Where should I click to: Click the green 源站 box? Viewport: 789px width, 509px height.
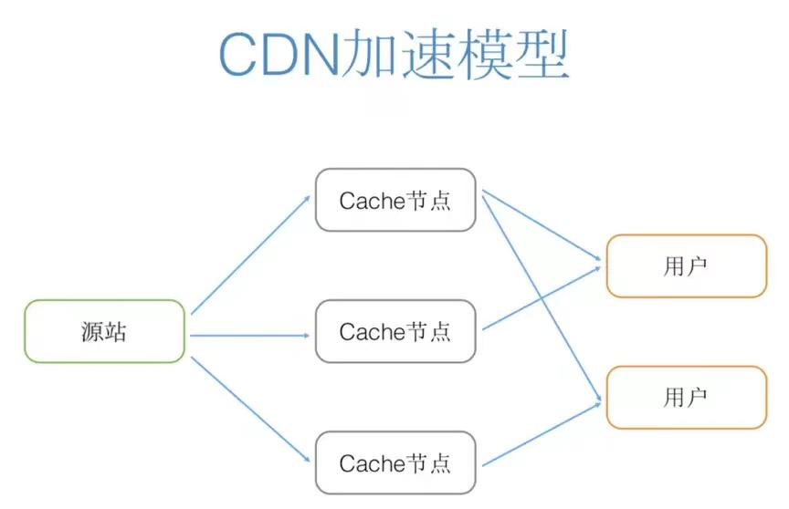104,331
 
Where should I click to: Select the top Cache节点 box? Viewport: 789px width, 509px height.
395,200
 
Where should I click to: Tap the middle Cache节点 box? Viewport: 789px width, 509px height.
395,331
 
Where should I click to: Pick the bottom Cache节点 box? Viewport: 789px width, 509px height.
395,462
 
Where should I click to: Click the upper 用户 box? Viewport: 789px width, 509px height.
686,265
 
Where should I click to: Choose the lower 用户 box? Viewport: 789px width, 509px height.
686,397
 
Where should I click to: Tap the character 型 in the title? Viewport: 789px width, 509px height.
539,57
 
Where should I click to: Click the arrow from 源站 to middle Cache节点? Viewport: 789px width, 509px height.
251,335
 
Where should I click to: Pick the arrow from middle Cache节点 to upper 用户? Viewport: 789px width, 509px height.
541,298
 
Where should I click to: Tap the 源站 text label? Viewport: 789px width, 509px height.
104,332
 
